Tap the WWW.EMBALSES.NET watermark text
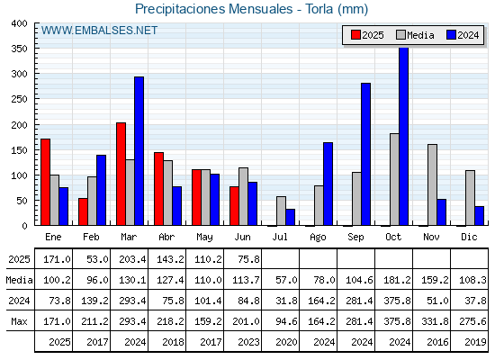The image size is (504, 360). coord(99,31)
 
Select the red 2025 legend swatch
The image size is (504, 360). coord(355,35)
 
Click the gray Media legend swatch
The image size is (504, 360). coord(400,35)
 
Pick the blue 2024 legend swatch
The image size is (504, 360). coord(451,35)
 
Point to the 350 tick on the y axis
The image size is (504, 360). coord(19,49)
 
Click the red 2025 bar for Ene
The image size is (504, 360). coord(45,182)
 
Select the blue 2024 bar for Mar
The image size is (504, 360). coord(139,151)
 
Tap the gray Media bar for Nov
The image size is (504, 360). coord(432,184)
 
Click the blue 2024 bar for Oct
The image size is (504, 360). coord(404,136)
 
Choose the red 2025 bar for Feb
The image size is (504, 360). coord(83,211)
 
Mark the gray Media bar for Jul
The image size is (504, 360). coord(281,211)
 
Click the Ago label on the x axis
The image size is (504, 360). coord(318,238)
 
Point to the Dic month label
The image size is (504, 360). coord(469,237)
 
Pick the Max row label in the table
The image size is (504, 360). coord(19,321)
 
